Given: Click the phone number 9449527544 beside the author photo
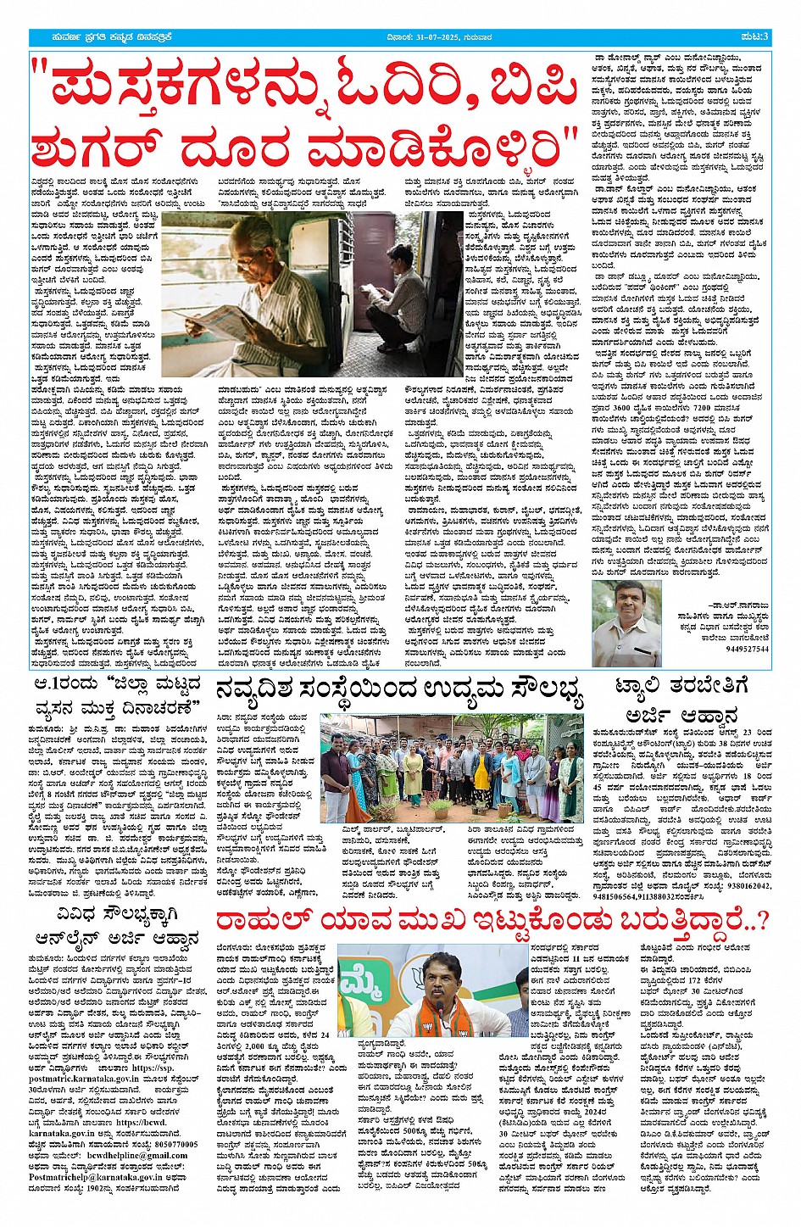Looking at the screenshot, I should tap(747, 649).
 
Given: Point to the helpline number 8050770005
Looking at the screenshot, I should tap(170, 1144).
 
